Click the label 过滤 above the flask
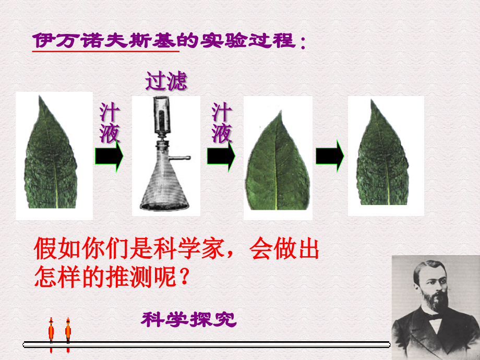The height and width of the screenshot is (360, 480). pos(166,82)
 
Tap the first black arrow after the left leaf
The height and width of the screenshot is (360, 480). pos(109,156)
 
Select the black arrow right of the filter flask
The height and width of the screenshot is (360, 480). pos(221,156)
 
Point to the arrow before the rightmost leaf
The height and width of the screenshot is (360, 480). pos(330,155)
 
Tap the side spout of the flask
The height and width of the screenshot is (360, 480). pos(181,157)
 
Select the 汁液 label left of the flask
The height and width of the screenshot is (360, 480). pos(110,124)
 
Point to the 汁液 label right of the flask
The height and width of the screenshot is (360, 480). pos(222,124)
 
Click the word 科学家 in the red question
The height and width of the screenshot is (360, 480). pos(193,249)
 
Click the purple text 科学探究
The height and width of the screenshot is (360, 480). pos(188,319)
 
